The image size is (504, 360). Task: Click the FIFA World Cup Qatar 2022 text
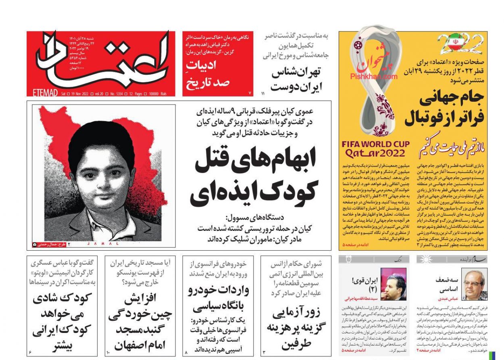point(375,149)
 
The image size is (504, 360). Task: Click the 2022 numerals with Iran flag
point(460,44)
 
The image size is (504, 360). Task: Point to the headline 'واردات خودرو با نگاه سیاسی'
point(218,299)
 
